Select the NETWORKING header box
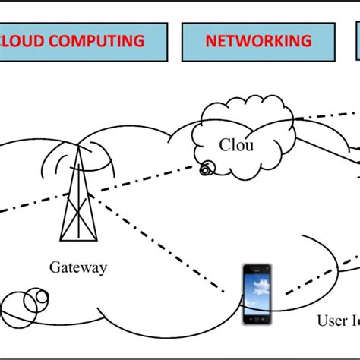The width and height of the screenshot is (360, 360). point(258,41)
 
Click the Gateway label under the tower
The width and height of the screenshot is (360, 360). point(78,267)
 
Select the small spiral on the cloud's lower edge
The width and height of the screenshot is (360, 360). point(205,170)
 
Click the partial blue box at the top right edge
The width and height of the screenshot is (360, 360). point(357,41)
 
